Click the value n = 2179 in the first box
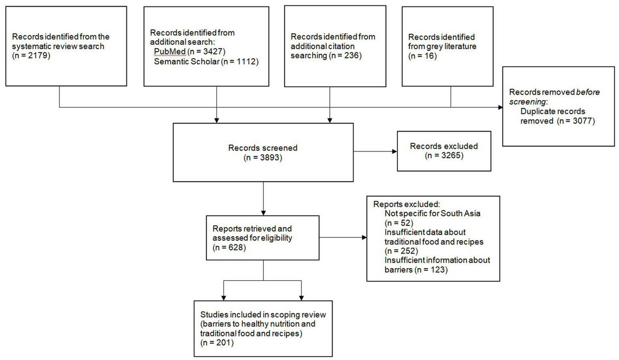pyautogui.click(x=31, y=56)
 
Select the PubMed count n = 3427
pyautogui.click(x=206, y=52)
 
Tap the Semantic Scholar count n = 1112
pyautogui.click(x=239, y=61)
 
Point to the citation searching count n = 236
pyautogui.click(x=346, y=56)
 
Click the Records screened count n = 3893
pyautogui.click(x=263, y=158)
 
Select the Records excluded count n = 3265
pyautogui.click(x=444, y=156)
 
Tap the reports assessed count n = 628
pyautogui.click(x=229, y=248)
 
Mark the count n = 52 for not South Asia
pyautogui.click(x=399, y=223)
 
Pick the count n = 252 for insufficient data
pyautogui.click(x=401, y=251)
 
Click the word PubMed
pyautogui.click(x=170, y=52)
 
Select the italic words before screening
pyautogui.click(x=554, y=97)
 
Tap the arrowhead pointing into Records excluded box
pyautogui.click(x=395, y=152)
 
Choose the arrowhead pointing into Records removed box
pyautogui.click(x=500, y=107)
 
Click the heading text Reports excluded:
pyautogui.click(x=406, y=204)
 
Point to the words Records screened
pyautogui.click(x=263, y=148)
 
